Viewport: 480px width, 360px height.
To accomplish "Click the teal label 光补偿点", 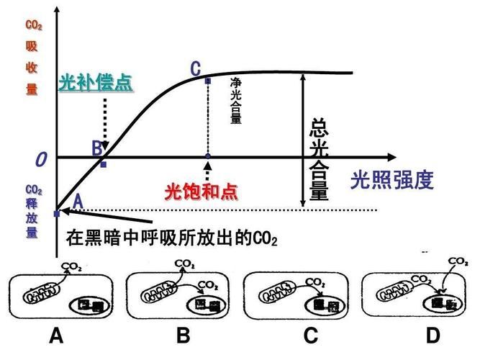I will (x=95, y=83).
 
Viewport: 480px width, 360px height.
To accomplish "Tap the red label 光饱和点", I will (x=201, y=192).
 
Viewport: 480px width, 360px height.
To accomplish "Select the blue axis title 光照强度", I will (x=392, y=180).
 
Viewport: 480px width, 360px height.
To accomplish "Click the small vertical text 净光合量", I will (x=235, y=102).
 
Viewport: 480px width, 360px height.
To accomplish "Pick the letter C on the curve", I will (x=196, y=69).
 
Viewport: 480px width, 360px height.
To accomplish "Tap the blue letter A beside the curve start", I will (x=78, y=202).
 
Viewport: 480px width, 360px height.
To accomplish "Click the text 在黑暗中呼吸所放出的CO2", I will (x=171, y=237).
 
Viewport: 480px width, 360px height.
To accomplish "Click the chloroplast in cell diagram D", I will (x=442, y=304).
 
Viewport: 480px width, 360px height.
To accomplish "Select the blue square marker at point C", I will (x=208, y=81).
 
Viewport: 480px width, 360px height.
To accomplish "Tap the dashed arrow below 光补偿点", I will (x=105, y=122).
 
